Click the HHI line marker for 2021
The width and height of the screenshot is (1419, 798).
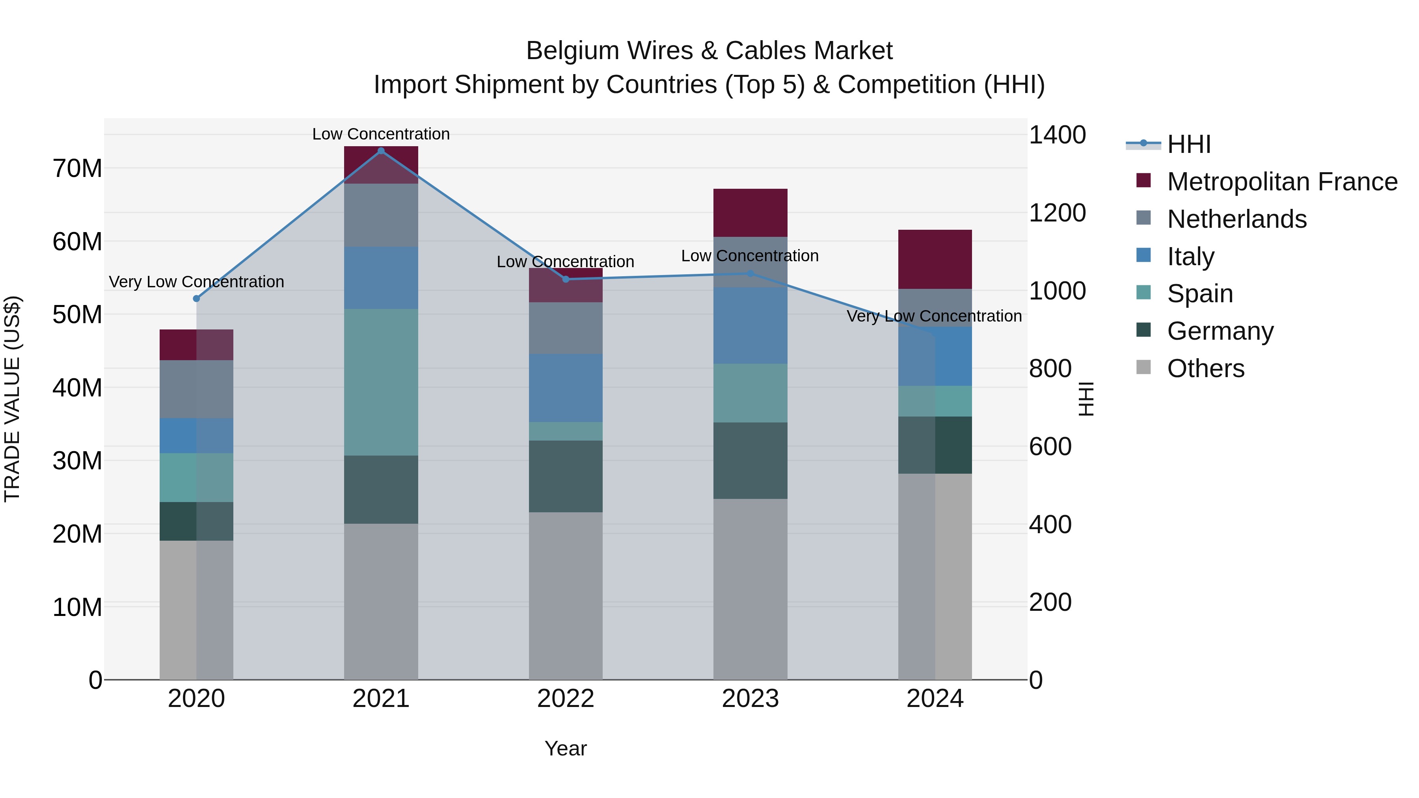tap(381, 151)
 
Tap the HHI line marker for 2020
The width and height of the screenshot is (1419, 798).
tap(197, 298)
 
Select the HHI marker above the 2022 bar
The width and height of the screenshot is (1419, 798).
tap(566, 279)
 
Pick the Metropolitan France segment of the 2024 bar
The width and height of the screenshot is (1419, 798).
tap(935, 259)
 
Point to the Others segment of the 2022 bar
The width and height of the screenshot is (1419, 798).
tap(566, 595)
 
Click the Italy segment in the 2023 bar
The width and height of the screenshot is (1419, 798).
tap(750, 326)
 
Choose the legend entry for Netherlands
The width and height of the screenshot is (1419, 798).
tap(1236, 219)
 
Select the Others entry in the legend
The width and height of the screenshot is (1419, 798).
tap(1205, 368)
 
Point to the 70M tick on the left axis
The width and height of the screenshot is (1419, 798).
tap(77, 169)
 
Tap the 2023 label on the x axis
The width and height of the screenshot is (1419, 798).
tap(750, 699)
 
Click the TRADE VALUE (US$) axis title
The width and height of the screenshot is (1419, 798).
tap(12, 399)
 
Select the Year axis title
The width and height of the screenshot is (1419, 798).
tap(566, 748)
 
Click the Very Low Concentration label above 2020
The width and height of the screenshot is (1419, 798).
tap(197, 282)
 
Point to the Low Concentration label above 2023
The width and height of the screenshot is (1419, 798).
tap(750, 256)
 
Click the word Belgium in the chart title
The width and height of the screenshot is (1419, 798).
tap(570, 51)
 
